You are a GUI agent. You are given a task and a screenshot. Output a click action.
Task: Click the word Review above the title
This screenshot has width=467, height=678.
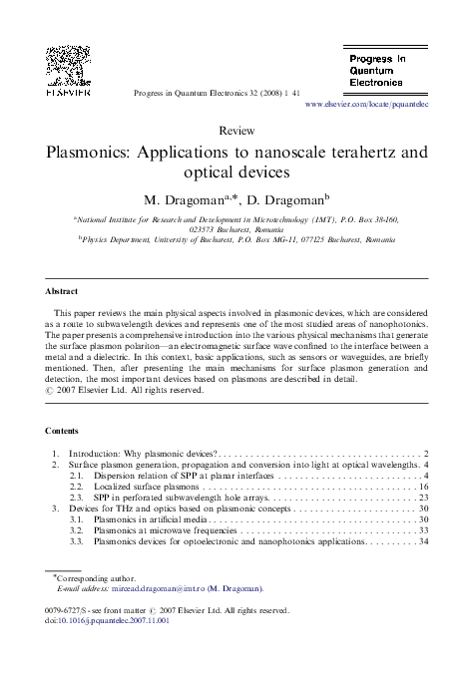(234, 132)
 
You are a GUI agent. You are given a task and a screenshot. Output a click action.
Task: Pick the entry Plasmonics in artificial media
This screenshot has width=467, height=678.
(150, 519)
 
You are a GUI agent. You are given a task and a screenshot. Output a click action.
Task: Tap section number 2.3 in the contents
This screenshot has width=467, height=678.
(77, 498)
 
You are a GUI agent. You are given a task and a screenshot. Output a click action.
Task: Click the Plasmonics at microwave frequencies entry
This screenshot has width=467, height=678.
(166, 530)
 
